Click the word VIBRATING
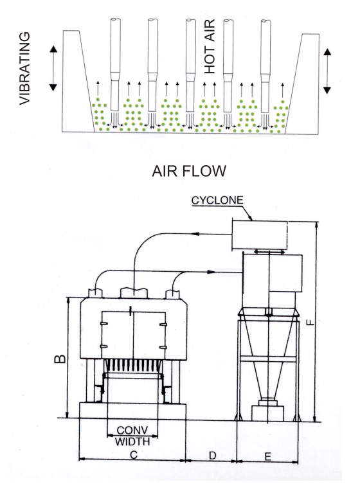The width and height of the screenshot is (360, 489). tap(24, 68)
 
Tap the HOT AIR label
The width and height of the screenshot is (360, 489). tap(210, 46)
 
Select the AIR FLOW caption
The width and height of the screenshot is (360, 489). tap(189, 171)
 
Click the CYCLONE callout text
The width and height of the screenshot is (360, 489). tap(217, 200)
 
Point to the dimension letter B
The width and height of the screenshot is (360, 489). tap(60, 359)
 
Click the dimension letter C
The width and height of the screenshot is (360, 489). tap(134, 455)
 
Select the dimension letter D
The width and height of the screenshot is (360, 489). tap(212, 456)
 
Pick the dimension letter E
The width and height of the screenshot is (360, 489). tap(267, 457)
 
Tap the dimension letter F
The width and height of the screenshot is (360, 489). tap(310, 322)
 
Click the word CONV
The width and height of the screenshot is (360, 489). tap(132, 431)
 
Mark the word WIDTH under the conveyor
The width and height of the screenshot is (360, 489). tap(132, 441)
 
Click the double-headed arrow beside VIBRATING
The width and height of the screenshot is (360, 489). tap(53, 68)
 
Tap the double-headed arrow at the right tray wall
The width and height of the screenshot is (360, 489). tap(327, 71)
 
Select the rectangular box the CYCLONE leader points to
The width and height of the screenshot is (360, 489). tap(259, 235)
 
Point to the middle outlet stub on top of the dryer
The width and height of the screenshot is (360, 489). tap(134, 293)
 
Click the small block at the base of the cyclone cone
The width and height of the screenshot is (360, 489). tap(267, 413)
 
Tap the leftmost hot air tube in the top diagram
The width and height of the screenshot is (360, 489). tap(115, 64)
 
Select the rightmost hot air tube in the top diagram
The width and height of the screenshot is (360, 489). tap(265, 66)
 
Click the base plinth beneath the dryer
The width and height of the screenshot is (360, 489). tap(133, 411)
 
